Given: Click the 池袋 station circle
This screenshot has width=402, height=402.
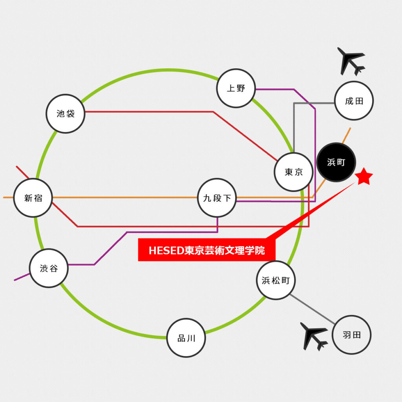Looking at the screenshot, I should point(66,113).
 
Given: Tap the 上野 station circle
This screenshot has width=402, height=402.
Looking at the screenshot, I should point(236,88).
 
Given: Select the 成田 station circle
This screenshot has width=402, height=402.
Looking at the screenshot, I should point(354,101).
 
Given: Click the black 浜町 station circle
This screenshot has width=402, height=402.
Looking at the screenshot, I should point(336,162).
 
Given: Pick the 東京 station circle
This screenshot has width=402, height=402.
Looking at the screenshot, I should point(294,172).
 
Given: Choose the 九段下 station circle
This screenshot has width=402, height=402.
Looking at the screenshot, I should point(217,198).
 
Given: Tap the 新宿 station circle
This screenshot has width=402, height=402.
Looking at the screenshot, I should point(33,198).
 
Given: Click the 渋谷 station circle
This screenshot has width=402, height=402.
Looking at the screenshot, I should point(49,268).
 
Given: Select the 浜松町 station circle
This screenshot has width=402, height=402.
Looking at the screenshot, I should point(276,280).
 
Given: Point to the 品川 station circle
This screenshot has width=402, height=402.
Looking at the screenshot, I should point(186,338).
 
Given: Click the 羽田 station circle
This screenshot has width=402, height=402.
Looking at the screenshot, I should point(351,335).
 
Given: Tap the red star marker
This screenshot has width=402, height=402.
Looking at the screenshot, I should point(364,177).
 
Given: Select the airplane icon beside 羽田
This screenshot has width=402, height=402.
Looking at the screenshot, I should point(314,336).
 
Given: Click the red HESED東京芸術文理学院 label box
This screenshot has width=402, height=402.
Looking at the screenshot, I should point(206,250).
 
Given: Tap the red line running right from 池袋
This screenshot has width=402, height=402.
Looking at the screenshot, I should point(149,112).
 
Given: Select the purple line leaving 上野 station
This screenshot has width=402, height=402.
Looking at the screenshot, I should point(275,90).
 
